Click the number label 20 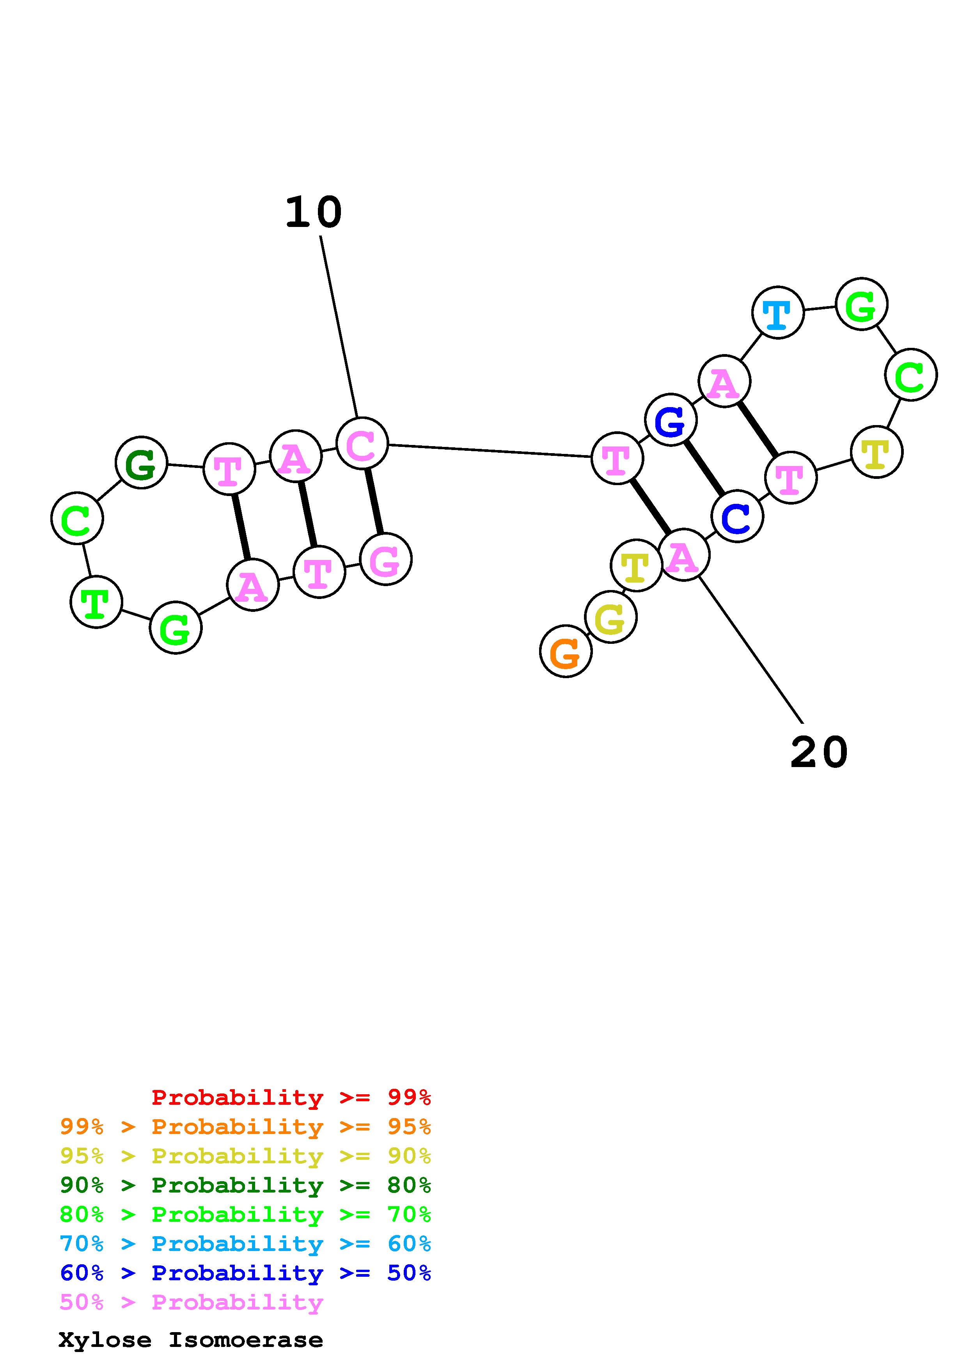pyautogui.click(x=819, y=753)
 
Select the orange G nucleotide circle pyautogui.click(x=566, y=651)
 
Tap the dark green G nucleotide pyautogui.click(x=141, y=463)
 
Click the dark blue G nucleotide pyautogui.click(x=671, y=420)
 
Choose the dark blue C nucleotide pyautogui.click(x=737, y=517)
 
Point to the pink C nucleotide pyautogui.click(x=362, y=443)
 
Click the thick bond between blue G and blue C pyautogui.click(x=704, y=468)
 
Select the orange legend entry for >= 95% pyautogui.click(x=245, y=1127)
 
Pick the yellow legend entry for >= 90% pyautogui.click(x=245, y=1156)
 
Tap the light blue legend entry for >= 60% pyautogui.click(x=245, y=1244)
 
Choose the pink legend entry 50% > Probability pyautogui.click(x=191, y=1302)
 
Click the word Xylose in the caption pyautogui.click(x=105, y=1340)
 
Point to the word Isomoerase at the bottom pyautogui.click(x=245, y=1340)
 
